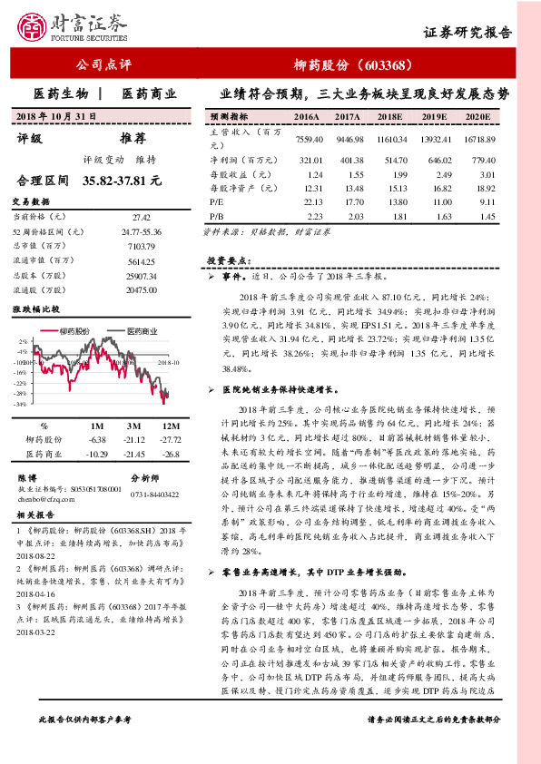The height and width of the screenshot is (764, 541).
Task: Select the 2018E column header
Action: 388,118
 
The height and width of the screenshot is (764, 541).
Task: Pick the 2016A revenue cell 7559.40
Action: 309,139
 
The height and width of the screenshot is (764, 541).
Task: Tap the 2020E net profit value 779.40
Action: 480,158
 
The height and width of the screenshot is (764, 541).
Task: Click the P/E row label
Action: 217,202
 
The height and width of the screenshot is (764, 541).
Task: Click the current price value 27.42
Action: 142,218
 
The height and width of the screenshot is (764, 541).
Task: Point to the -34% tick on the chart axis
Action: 20,404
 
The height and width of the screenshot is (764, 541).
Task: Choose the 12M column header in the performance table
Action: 169,426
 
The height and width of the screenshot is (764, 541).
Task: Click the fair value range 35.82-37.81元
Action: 123,181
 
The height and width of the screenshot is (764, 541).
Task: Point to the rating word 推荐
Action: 133,139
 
